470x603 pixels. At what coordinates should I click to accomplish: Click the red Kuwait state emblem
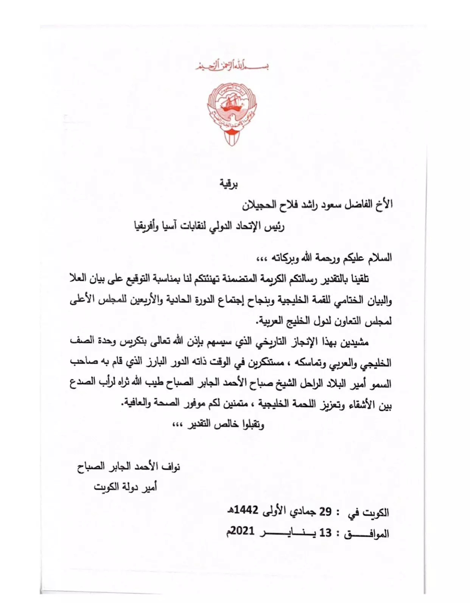click(232, 113)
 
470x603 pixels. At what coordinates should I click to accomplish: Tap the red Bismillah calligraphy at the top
click(232, 67)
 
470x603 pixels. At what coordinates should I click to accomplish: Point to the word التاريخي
click(270, 342)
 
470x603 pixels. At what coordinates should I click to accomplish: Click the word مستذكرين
click(267, 363)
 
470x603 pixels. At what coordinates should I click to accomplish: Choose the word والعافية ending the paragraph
click(137, 404)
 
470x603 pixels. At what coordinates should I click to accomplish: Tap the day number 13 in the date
click(325, 533)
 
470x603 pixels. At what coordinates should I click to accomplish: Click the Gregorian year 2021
click(243, 531)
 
